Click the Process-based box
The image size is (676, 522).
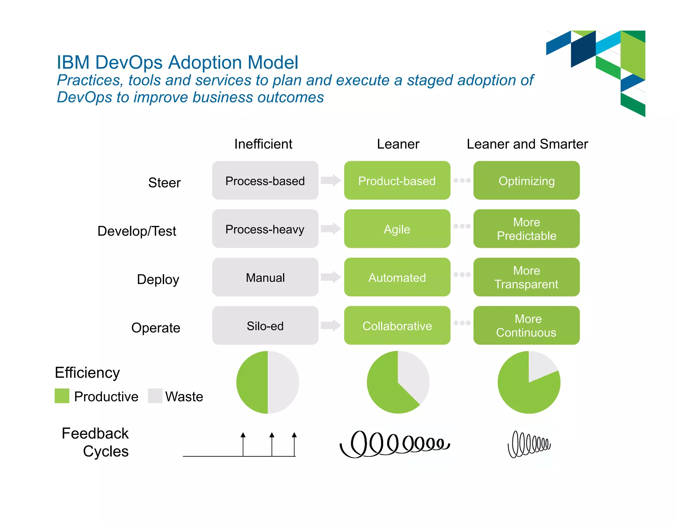(265, 180)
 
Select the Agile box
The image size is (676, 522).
(397, 229)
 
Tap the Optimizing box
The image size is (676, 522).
(526, 180)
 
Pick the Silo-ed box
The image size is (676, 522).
(265, 326)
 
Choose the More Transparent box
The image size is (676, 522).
(526, 277)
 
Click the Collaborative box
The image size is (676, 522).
(397, 326)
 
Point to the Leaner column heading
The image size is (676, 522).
(398, 144)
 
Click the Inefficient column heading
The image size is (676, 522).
(263, 144)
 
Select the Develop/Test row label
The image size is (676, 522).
(137, 231)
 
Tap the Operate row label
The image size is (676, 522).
(156, 328)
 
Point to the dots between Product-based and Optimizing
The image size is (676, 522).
(462, 180)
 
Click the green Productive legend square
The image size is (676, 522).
(62, 396)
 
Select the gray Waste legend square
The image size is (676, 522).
(155, 396)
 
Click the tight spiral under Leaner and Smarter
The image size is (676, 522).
(529, 444)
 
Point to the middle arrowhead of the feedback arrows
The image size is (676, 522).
(272, 435)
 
